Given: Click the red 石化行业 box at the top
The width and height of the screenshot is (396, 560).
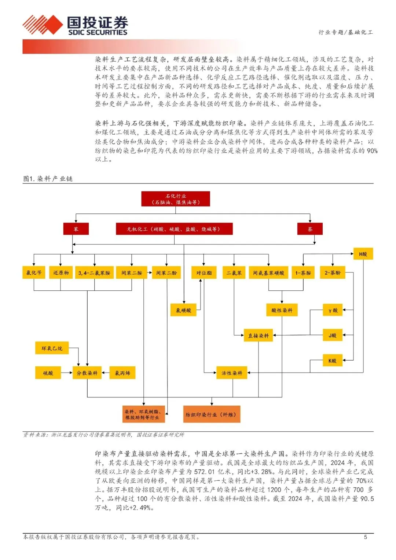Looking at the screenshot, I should [176, 199].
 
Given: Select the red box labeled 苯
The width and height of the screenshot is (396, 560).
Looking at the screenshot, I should [76, 229].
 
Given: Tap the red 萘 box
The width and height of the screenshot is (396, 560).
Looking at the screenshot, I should [310, 229].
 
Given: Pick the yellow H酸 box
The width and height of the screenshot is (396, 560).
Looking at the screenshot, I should [363, 254].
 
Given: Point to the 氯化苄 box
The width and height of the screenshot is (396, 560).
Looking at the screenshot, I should [34, 273].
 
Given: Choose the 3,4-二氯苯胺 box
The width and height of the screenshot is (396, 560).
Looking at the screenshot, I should [94, 273].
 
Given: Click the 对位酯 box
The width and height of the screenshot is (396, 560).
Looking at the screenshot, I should [204, 273].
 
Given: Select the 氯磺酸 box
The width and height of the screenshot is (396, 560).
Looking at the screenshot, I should [183, 310].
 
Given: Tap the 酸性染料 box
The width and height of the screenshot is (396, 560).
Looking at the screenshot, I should [282, 310].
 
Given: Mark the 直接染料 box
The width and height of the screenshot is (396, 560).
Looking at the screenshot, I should [258, 336].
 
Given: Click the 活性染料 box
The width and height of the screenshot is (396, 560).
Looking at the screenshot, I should [232, 373].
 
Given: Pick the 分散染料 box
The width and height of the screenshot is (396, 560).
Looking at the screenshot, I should [87, 373].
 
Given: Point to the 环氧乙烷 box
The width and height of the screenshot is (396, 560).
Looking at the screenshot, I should [52, 348].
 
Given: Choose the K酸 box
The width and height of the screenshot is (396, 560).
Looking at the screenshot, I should [332, 361].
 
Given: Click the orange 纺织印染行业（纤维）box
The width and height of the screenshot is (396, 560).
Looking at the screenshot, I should [212, 414].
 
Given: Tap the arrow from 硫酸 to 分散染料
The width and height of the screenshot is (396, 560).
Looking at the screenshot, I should [67, 373].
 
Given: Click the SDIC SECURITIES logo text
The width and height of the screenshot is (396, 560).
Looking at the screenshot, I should [98, 32].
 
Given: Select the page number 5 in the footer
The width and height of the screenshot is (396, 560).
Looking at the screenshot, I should [365, 537].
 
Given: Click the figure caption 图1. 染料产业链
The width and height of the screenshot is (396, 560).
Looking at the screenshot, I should [48, 179].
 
